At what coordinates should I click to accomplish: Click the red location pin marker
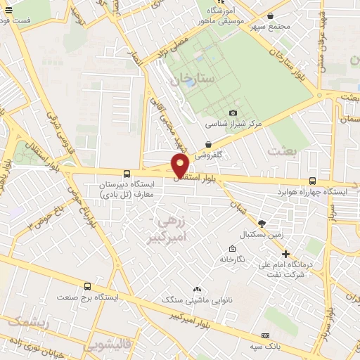[x=180, y=165]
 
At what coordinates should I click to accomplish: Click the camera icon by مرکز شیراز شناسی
[x=233, y=112]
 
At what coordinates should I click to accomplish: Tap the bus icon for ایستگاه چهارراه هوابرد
[x=313, y=181]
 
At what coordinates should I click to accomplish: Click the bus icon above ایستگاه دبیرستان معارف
[x=127, y=173]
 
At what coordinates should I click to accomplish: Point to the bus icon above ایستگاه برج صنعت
[x=87, y=286]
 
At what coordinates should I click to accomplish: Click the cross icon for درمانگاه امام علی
[x=285, y=254]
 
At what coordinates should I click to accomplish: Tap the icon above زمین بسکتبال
[x=262, y=223]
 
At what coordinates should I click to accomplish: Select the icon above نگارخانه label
[x=232, y=248]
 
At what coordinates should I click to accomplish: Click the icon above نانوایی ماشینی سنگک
[x=197, y=289]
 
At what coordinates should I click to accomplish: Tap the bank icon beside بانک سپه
[x=265, y=336]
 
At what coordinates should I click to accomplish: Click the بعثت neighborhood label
[x=280, y=150]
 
